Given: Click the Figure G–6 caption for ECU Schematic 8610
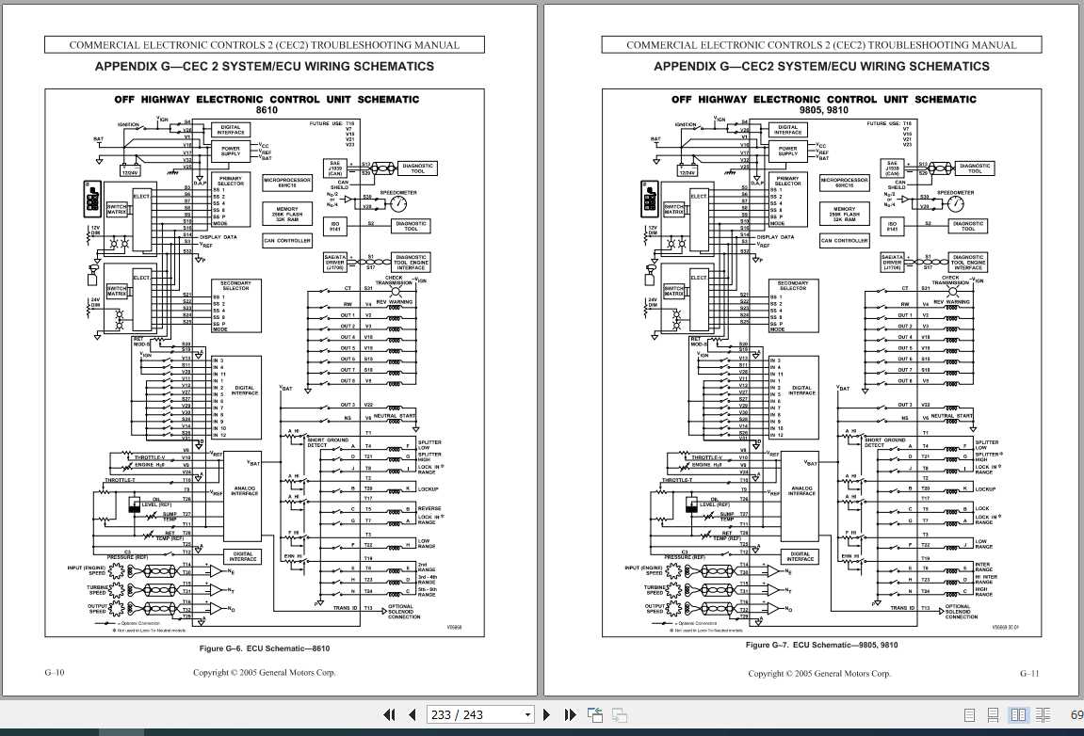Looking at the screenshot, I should (x=264, y=648).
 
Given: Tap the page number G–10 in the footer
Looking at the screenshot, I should (x=55, y=673).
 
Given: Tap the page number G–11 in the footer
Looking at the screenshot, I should (x=1028, y=673).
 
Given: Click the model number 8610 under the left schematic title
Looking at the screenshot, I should (x=267, y=110).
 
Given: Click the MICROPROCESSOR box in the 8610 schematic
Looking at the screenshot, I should (x=287, y=183).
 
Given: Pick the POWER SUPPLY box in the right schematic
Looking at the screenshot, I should (x=787, y=151).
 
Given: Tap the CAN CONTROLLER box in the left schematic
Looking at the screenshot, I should (x=288, y=241).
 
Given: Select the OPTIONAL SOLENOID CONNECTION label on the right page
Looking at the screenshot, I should (x=962, y=611).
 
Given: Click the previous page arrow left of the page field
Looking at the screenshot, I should (x=412, y=714).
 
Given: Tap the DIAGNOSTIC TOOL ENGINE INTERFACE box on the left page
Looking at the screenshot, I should (x=411, y=262).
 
